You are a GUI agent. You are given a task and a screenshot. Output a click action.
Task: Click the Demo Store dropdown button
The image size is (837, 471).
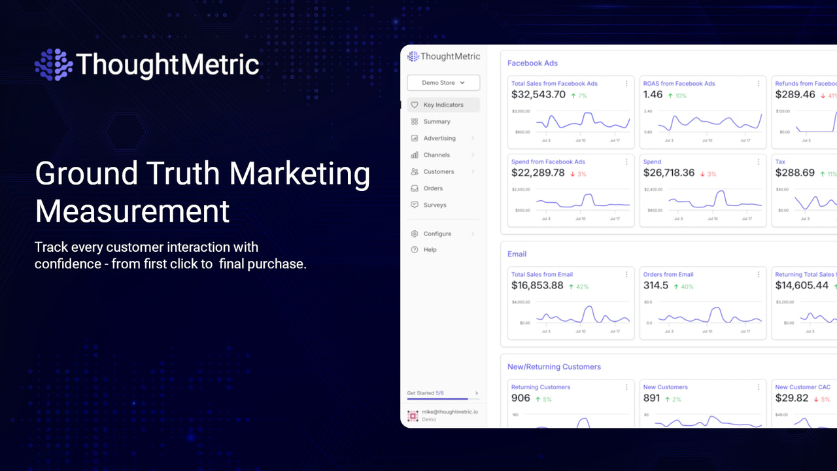[443, 83]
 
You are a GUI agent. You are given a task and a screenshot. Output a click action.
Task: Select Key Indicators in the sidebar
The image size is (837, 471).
[443, 105]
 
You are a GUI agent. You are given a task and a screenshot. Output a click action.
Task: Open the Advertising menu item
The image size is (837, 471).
[439, 138]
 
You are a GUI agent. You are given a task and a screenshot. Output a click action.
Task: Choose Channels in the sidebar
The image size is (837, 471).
[436, 155]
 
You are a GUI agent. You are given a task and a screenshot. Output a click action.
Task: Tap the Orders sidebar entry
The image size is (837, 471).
[433, 188]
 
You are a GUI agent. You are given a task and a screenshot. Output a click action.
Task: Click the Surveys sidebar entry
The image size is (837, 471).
[435, 205]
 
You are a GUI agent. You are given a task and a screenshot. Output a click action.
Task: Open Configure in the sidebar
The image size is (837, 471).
[437, 234]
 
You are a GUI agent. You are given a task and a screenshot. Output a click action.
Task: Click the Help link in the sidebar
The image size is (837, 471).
[430, 250]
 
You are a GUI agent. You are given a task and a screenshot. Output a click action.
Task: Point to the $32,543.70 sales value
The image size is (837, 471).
[538, 95]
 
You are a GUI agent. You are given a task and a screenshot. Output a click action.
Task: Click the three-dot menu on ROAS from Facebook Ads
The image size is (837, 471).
[759, 84]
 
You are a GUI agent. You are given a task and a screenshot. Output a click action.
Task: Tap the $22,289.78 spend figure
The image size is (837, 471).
[538, 173]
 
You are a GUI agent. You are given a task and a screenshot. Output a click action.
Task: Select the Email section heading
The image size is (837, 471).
[517, 254]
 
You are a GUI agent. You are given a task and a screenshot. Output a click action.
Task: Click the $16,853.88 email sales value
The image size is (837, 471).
[537, 286]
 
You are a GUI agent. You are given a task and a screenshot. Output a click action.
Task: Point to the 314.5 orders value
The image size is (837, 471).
[656, 286]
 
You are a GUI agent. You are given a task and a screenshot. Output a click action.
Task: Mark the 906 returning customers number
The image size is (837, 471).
[521, 398]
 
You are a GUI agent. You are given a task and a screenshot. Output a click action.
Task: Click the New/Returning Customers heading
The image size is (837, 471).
[554, 367]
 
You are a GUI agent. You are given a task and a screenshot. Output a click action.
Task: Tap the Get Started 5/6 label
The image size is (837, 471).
[425, 393]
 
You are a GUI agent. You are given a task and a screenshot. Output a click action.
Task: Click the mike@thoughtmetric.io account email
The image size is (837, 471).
[449, 412]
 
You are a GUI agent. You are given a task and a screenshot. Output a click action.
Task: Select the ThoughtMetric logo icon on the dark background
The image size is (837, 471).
[54, 65]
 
